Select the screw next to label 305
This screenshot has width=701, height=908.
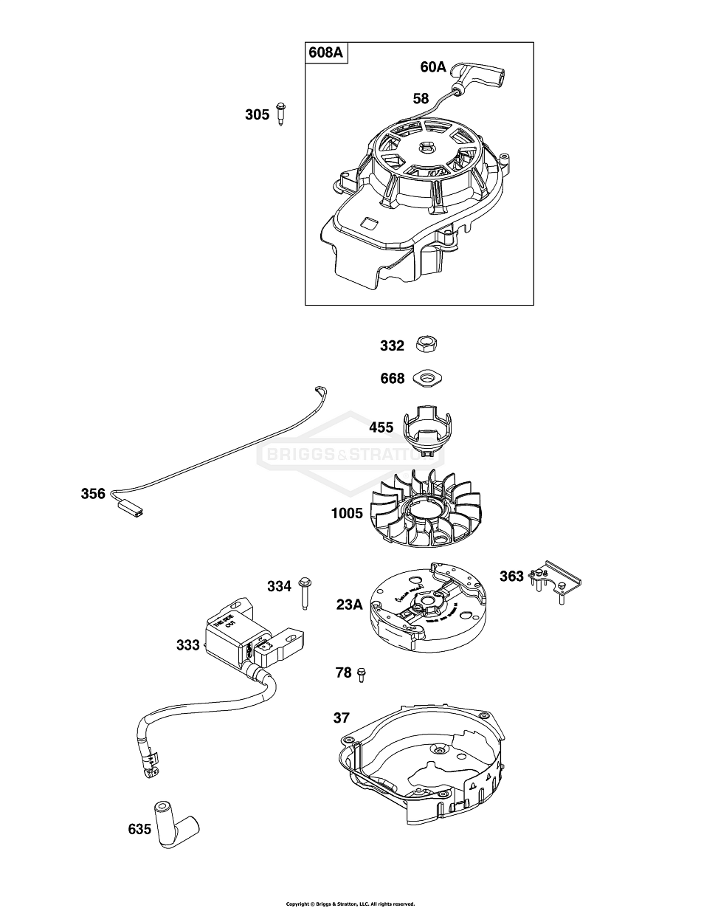(280, 114)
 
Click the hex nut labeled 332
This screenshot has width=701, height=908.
(425, 345)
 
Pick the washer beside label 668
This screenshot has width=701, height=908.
(427, 378)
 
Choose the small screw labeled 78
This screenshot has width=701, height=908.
(361, 674)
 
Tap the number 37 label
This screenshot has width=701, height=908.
(341, 718)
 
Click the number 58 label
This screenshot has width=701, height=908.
(421, 97)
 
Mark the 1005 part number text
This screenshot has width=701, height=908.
(347, 513)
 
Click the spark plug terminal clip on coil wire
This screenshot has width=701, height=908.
(150, 768)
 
